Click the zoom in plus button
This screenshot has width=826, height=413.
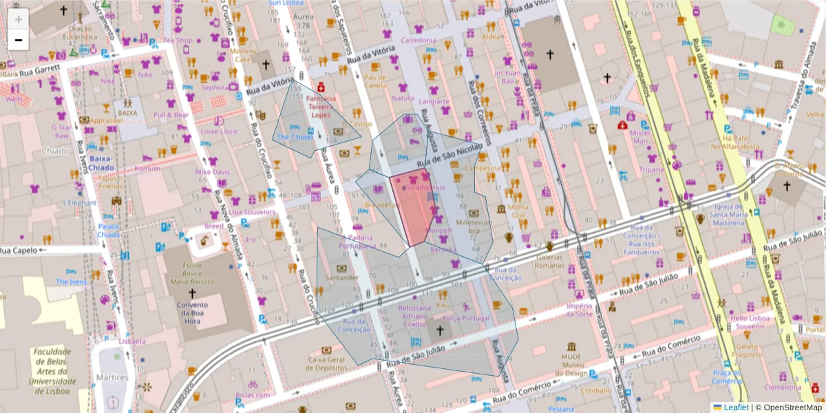click(19, 19)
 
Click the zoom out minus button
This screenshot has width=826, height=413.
click(19, 40)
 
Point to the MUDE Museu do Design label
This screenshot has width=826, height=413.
click(571, 366)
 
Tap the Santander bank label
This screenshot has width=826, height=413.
click(342, 277)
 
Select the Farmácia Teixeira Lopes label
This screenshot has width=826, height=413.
click(321, 107)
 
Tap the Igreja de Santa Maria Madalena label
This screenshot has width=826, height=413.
click(730, 214)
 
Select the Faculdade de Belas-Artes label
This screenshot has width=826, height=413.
click(52, 363)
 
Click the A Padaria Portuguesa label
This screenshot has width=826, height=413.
click(357, 242)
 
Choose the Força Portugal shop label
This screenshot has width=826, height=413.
click(466, 318)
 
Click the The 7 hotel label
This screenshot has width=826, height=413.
click(295, 137)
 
